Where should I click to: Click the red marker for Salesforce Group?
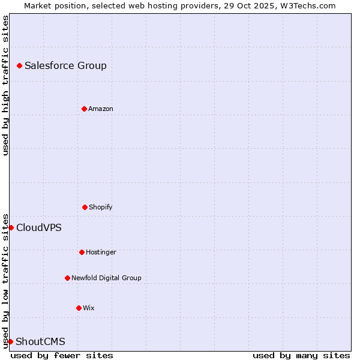[19, 65]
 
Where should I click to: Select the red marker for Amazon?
[84, 109]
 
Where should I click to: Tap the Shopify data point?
[85, 207]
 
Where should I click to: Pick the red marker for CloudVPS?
[11, 227]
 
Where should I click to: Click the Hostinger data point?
[82, 252]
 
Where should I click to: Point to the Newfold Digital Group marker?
[67, 278]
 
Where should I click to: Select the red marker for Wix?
[79, 308]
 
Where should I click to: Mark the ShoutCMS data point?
[10, 341]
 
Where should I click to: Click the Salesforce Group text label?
[65, 65]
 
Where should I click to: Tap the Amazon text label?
[101, 109]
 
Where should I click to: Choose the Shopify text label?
[101, 207]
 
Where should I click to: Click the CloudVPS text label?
[39, 227]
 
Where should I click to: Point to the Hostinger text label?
[101, 252]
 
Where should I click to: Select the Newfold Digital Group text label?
[106, 278]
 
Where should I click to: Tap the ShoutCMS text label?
[40, 341]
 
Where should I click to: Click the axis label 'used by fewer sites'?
[62, 355]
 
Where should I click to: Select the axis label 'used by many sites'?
[301, 355]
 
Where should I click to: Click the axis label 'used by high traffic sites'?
[5, 85]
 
